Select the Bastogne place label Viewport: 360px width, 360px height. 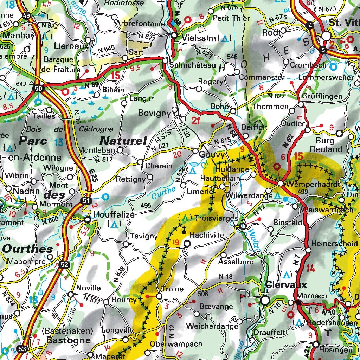click(68, 340)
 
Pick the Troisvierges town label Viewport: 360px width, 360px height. click(215, 218)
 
